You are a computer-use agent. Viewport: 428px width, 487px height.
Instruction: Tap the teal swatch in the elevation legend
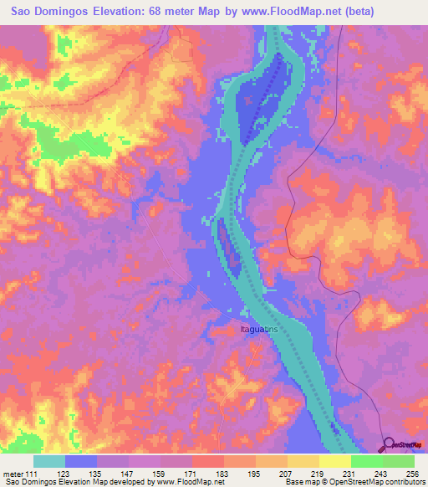coord(49,461)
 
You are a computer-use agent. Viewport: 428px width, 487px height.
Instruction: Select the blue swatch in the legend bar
coord(81,461)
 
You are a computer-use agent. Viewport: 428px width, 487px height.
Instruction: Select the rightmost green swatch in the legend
coord(399,461)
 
